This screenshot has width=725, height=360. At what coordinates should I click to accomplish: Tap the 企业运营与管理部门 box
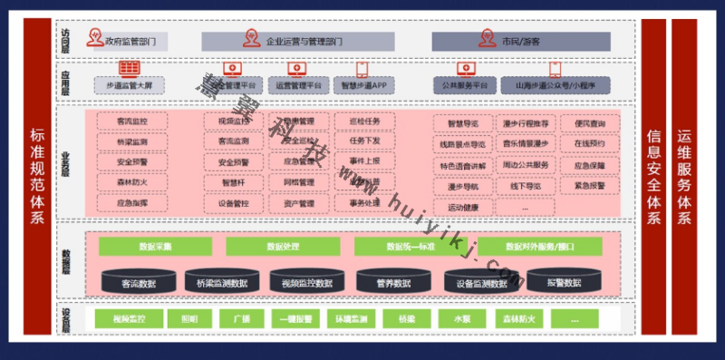(298, 41)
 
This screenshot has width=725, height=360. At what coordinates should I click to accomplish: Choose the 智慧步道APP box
(363, 85)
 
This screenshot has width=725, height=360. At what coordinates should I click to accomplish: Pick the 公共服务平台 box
(466, 85)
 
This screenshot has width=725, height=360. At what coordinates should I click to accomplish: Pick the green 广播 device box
(240, 319)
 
